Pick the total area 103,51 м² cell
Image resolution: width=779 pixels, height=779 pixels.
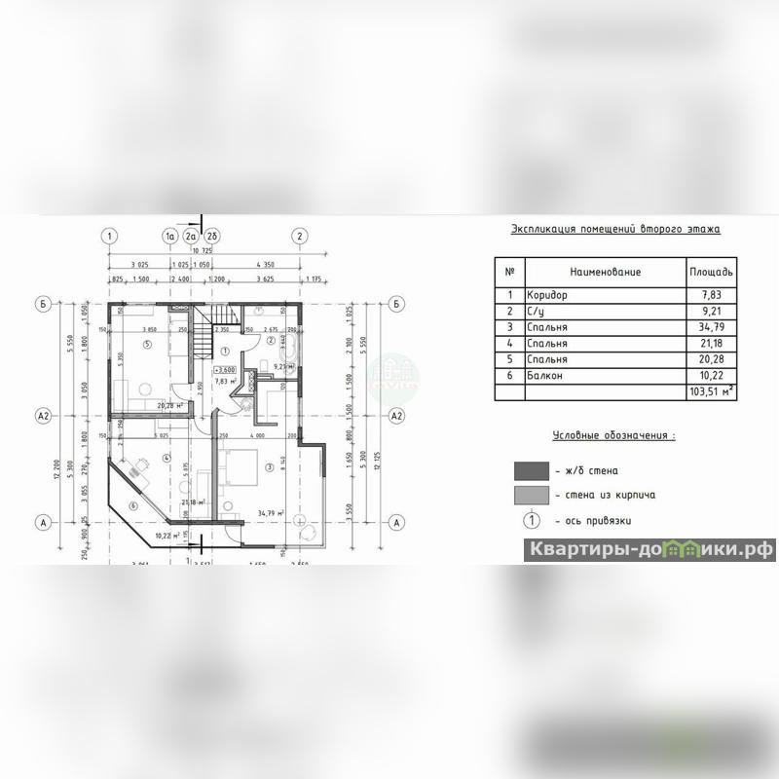click(711, 392)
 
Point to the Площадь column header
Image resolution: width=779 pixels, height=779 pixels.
click(711, 272)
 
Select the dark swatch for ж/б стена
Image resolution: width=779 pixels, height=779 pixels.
click(533, 471)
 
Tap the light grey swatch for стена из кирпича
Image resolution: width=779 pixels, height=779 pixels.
click(533, 496)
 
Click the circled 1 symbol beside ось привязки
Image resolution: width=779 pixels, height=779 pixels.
click(533, 521)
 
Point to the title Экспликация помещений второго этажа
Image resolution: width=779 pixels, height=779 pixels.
click(615, 230)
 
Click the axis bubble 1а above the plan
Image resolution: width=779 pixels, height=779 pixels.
click(169, 236)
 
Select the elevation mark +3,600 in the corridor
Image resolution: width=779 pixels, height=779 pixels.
click(225, 370)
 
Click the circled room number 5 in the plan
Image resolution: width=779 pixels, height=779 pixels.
click(147, 345)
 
